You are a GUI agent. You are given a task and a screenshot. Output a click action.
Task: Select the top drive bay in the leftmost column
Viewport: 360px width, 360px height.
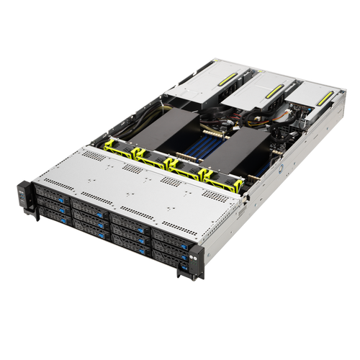(51, 193)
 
